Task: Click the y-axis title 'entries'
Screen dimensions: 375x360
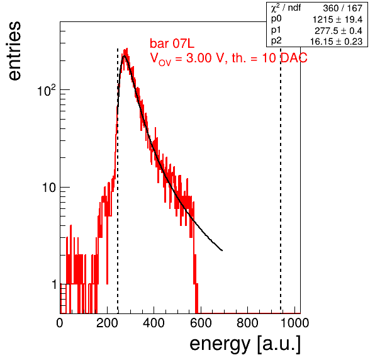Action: (x=15, y=51)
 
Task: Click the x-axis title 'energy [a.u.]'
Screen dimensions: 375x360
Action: (x=245, y=344)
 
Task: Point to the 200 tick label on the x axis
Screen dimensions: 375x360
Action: (x=107, y=323)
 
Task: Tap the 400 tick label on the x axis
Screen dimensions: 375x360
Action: (x=154, y=323)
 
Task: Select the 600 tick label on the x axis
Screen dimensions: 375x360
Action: (x=201, y=323)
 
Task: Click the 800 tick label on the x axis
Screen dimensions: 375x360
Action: (x=247, y=323)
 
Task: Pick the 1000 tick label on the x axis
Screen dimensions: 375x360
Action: (x=294, y=323)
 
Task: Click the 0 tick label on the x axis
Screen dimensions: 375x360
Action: (x=60, y=323)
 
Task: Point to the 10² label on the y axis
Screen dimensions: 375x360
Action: (x=47, y=91)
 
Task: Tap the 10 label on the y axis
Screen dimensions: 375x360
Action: (x=49, y=188)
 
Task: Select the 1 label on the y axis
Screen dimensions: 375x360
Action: (x=54, y=285)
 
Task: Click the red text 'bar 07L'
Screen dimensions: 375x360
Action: (x=172, y=44)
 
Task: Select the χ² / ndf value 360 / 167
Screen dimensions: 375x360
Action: (x=343, y=8)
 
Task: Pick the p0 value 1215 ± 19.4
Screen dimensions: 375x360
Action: (x=337, y=20)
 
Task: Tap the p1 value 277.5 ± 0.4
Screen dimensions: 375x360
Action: (x=339, y=31)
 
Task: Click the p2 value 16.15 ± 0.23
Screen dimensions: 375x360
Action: (x=336, y=42)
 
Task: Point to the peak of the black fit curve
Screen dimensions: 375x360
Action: (x=125, y=56)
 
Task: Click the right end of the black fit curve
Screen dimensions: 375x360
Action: (x=222, y=250)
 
